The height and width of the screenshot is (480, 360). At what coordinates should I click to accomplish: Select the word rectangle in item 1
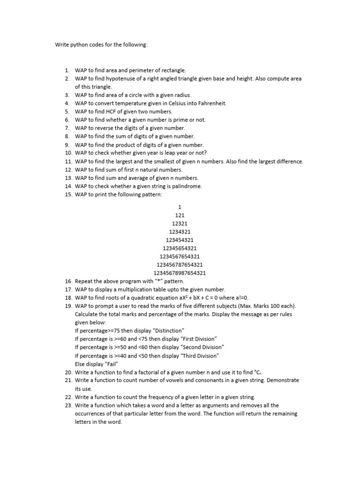click(174, 70)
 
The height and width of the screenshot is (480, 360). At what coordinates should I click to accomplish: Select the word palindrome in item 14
click(187, 186)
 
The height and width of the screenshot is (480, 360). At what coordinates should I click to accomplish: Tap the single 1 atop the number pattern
click(180, 207)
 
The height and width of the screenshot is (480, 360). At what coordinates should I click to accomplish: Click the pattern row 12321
click(180, 224)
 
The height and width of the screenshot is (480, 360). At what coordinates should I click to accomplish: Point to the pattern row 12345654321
click(180, 248)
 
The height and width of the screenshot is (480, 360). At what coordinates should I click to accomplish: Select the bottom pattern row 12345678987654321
click(180, 273)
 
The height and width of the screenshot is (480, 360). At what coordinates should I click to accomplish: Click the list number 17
click(68, 290)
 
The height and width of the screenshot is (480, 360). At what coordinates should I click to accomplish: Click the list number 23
click(68, 405)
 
